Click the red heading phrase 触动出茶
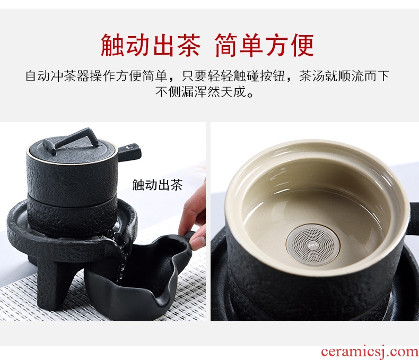point(151,45)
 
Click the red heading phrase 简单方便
point(264,45)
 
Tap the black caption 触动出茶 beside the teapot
point(158,185)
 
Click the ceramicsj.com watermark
point(370,352)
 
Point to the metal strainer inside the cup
point(312,245)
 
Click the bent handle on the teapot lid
point(71,140)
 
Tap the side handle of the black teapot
point(129,152)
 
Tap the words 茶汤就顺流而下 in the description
point(344,76)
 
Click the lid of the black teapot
point(72,150)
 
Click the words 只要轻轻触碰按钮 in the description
point(233,76)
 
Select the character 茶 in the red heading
point(188,45)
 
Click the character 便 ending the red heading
point(302,45)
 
